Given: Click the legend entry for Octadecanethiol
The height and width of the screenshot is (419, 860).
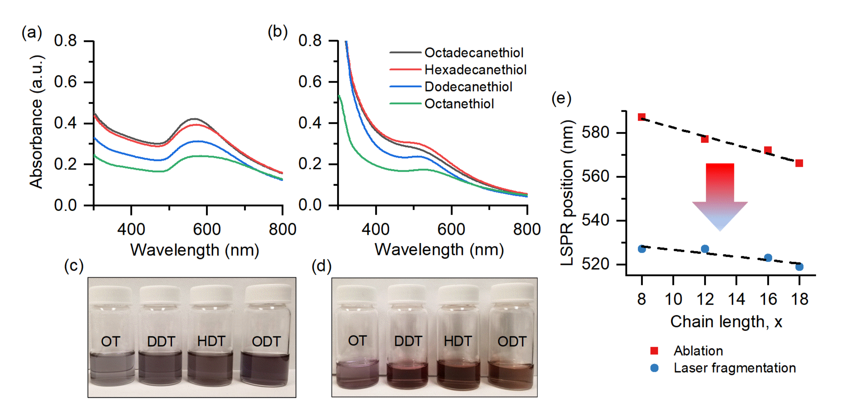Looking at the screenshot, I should [x=473, y=53].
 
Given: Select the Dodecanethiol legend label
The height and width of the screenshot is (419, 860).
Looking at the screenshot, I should [x=468, y=87].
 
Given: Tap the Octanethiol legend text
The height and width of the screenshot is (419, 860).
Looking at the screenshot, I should [x=459, y=104].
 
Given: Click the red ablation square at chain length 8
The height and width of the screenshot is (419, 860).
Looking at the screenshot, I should [x=641, y=117].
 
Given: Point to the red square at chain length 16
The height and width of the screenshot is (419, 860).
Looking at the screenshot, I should [x=768, y=150].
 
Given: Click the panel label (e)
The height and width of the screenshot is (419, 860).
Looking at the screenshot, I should [x=561, y=99].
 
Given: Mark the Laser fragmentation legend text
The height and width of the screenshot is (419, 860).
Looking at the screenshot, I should [x=734, y=368].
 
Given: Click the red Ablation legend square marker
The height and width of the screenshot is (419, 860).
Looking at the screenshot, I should [x=654, y=351].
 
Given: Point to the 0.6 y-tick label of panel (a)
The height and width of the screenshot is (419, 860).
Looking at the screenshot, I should [x=65, y=82].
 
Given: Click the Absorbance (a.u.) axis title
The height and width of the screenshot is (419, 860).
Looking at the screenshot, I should [x=36, y=122].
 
